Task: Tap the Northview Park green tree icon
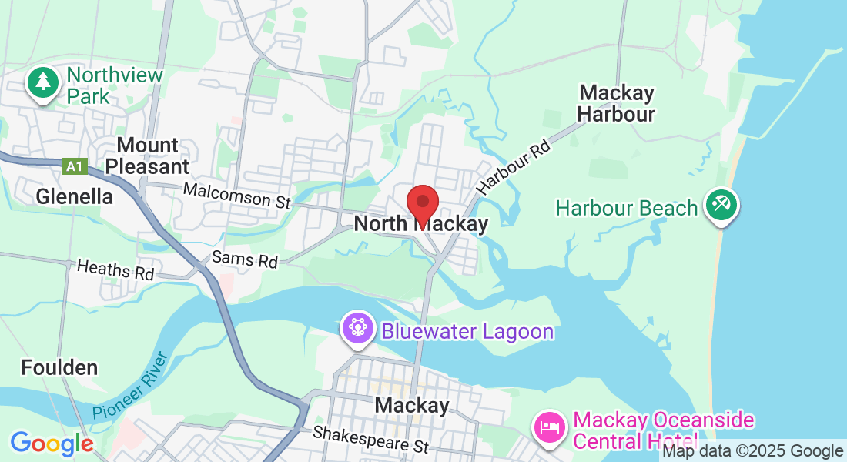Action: (x=43, y=82)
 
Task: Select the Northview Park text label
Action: (x=115, y=86)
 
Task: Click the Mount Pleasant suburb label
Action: (x=147, y=156)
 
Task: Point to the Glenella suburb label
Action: (x=75, y=196)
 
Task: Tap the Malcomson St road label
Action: (x=236, y=196)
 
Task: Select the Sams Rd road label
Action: (x=244, y=259)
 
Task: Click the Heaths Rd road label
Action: (x=115, y=269)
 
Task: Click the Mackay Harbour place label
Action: (x=617, y=104)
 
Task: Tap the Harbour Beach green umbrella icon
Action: (x=721, y=205)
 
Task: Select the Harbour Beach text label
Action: (x=627, y=208)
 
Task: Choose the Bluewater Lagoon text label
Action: (x=467, y=332)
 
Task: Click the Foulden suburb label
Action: (x=59, y=367)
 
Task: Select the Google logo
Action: (x=52, y=444)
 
